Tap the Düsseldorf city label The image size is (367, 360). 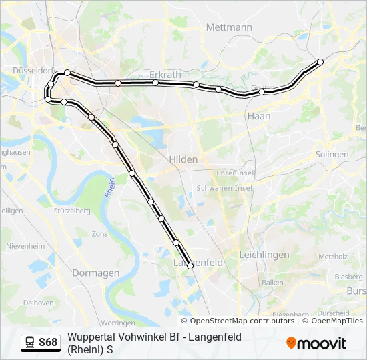tap(33, 70)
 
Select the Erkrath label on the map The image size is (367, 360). tap(165, 75)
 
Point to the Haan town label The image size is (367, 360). tap(258, 115)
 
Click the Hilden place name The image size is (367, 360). tap(183, 159)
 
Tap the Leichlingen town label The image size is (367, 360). tap(264, 255)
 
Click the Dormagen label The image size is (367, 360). tap(97, 273)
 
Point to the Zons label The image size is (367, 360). tap(99, 234)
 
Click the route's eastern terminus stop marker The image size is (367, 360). tap(320, 62)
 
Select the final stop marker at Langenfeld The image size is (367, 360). tap(190, 266)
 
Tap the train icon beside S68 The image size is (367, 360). tap(30, 343)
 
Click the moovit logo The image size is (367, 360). tap(316, 343)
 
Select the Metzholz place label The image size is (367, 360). tap(332, 256)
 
